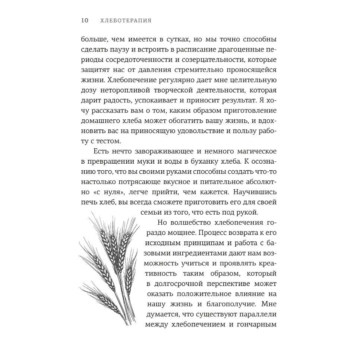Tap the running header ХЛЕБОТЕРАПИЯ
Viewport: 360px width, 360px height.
(126, 20)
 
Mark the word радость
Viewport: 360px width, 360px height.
(110, 101)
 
